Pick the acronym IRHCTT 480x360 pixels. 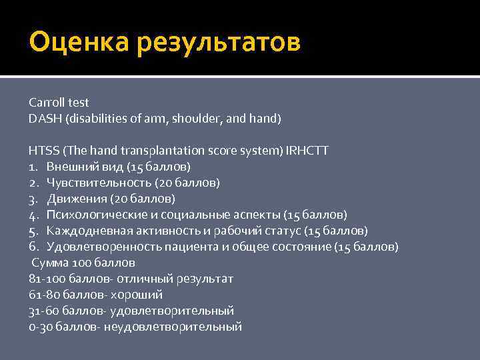coord(307,151)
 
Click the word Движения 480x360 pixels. coord(75,199)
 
